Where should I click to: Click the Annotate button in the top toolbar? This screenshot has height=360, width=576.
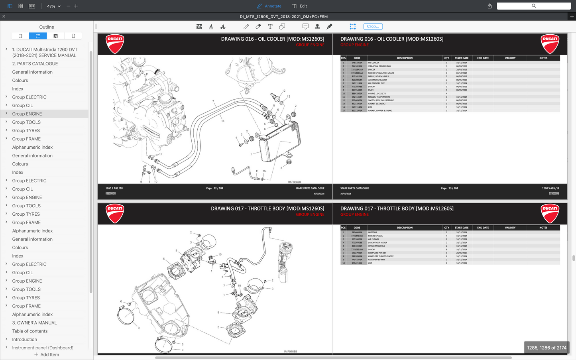coord(269,6)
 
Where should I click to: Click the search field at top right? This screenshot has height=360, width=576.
coord(533,6)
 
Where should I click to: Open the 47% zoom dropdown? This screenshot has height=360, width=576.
coord(54,6)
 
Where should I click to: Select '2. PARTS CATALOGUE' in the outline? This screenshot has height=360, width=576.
coord(35,64)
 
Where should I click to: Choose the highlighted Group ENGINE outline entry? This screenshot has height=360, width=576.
coord(27,114)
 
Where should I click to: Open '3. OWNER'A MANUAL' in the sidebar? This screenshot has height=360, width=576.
coord(34,323)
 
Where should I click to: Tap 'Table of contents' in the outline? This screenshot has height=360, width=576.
coord(30,331)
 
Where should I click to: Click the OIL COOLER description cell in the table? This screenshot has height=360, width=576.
coord(374,63)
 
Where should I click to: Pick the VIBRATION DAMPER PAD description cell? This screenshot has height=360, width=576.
coord(379,66)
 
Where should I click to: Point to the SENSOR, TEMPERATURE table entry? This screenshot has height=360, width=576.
coord(379,97)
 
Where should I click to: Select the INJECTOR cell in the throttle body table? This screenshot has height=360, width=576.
coord(372,232)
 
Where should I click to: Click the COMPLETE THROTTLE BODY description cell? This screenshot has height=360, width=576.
coord(381,256)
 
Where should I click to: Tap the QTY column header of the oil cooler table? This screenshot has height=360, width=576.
coord(446,58)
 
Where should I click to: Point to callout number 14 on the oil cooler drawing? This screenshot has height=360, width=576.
coord(223,121)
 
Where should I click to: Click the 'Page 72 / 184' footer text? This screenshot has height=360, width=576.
coord(214,188)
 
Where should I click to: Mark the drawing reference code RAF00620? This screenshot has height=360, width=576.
coord(294,182)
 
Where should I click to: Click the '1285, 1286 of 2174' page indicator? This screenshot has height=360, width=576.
coord(547,348)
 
